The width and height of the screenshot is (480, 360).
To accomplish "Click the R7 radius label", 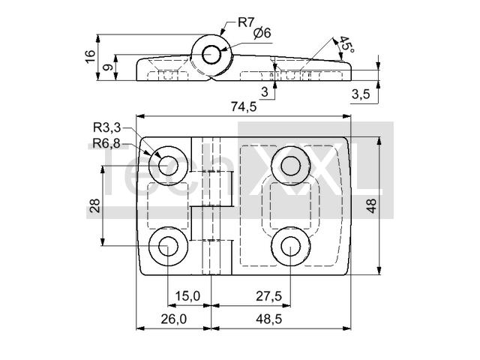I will [x=247, y=21].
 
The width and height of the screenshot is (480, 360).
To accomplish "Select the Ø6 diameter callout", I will [x=262, y=33].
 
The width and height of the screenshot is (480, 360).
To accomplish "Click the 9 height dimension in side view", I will [x=107, y=68].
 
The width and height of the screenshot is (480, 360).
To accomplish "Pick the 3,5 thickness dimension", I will [x=361, y=94].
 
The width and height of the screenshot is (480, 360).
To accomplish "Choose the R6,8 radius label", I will [x=107, y=143].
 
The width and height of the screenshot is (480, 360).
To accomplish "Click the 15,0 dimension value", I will [x=187, y=296].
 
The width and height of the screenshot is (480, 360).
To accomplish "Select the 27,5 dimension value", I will [x=268, y=296].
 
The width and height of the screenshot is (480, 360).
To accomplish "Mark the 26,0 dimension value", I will [x=172, y=319].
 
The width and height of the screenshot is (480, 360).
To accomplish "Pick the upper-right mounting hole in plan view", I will [x=289, y=162].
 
